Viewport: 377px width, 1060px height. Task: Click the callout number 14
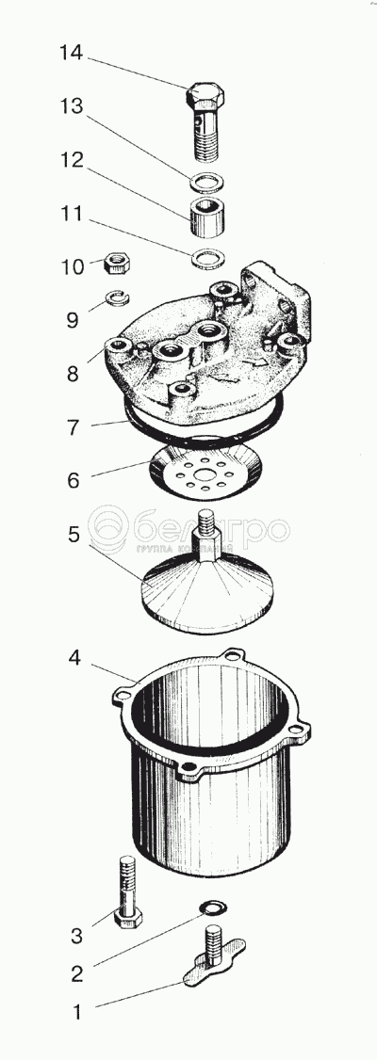[x=72, y=52]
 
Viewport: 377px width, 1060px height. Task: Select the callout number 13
[x=72, y=106]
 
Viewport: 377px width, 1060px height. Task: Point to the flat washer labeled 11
[x=207, y=258]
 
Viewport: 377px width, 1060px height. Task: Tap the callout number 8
[x=73, y=373]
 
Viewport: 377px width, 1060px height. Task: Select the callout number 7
[x=74, y=426]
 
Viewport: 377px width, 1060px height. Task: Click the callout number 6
[x=74, y=480]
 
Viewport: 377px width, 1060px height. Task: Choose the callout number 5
[x=74, y=534]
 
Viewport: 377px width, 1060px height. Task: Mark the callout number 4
[x=74, y=656]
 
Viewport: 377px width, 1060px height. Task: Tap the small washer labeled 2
[x=214, y=907]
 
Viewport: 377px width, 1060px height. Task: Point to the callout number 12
[x=72, y=160]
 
